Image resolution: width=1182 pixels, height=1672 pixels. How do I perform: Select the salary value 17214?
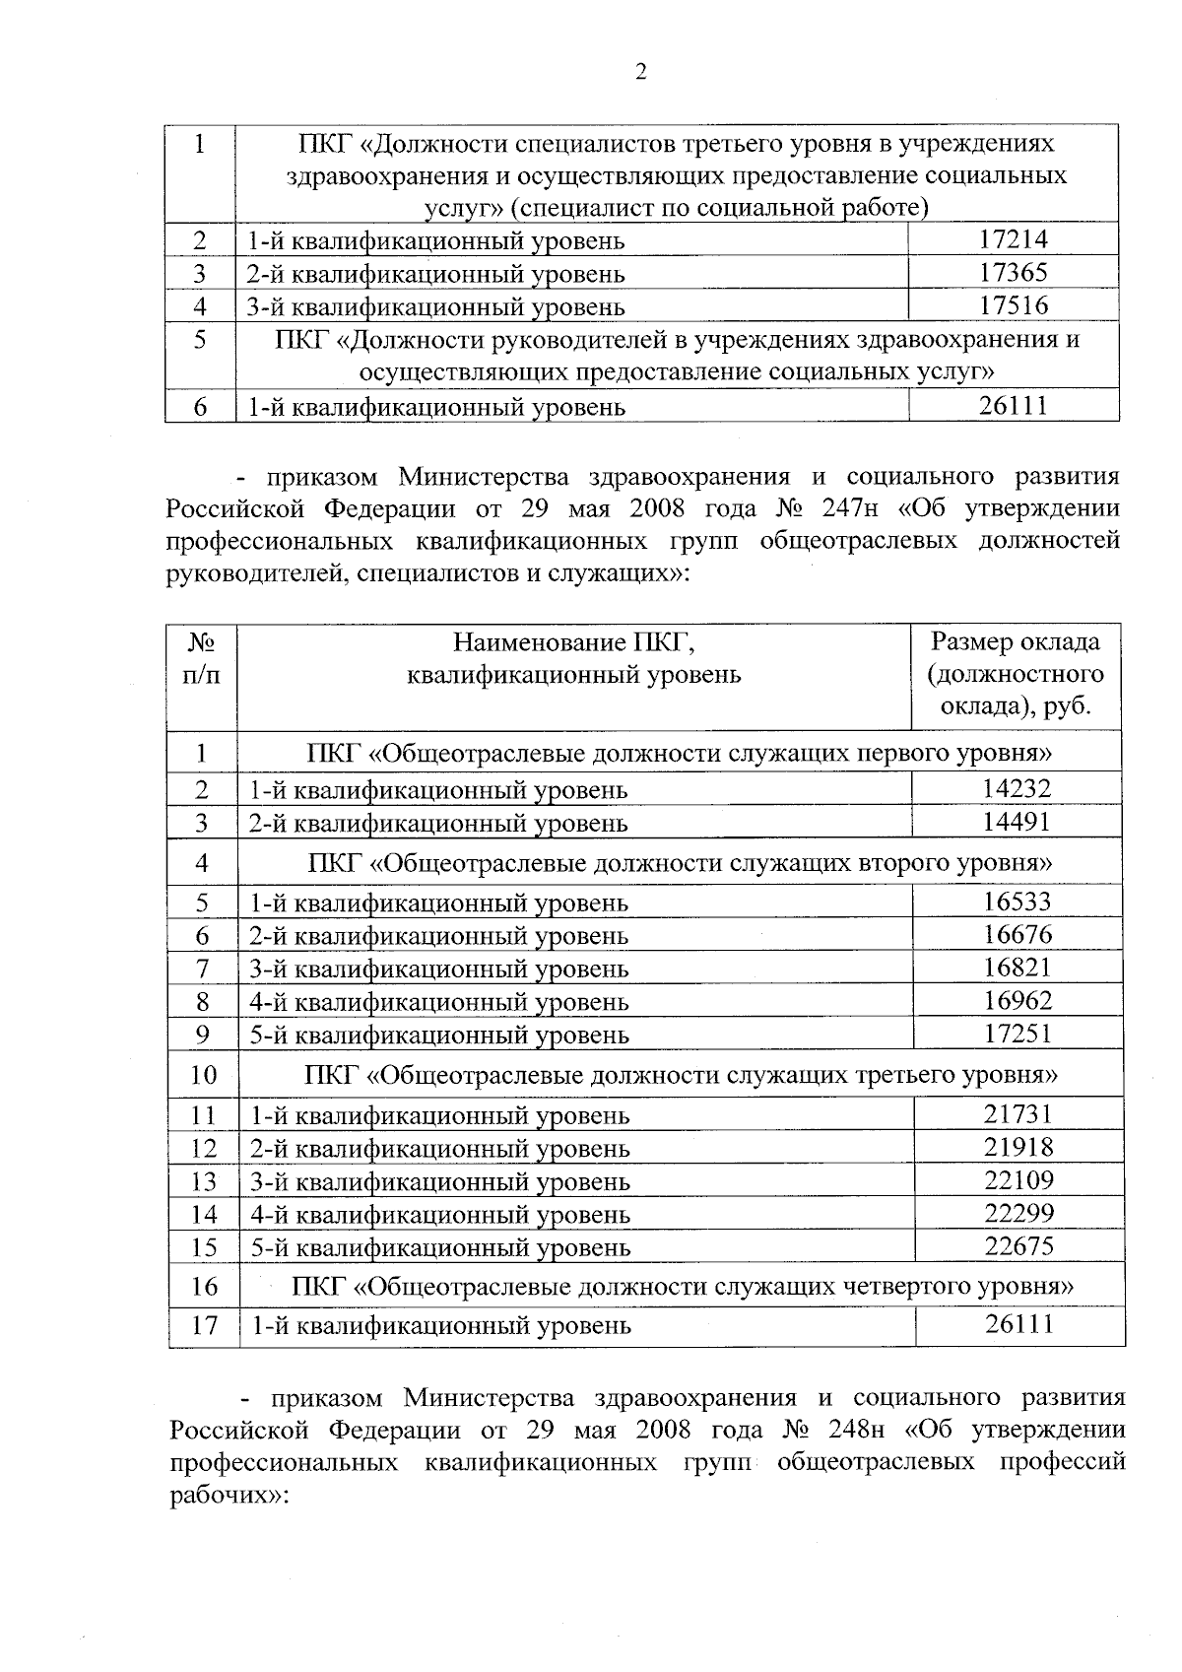[x=1014, y=239]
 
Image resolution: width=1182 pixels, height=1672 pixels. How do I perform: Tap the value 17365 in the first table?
[x=1014, y=273]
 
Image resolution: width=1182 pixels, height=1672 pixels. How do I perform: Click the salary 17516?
[x=1014, y=305]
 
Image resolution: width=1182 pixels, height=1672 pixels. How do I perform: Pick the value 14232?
[x=1017, y=788]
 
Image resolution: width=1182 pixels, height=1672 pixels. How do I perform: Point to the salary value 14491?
[x=1017, y=822]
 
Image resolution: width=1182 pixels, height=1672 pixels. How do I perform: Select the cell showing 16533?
[x=1018, y=902]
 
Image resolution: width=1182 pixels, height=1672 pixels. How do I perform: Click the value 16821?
[x=1018, y=968]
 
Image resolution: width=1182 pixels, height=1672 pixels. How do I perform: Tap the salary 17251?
[x=1018, y=1034]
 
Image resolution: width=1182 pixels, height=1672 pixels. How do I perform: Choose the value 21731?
[x=1018, y=1114]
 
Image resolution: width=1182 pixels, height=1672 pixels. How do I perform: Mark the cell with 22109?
[x=1018, y=1180]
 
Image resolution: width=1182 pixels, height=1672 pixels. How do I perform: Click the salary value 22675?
[x=1019, y=1246]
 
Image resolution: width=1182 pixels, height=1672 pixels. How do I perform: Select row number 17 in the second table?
[x=204, y=1325]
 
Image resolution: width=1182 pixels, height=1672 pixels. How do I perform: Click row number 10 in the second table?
[x=203, y=1074]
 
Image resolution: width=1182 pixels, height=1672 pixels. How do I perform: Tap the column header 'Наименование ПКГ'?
[x=573, y=643]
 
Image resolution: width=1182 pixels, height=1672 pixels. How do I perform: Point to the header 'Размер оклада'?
[x=1016, y=642]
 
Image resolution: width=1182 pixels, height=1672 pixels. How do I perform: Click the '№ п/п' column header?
[x=202, y=658]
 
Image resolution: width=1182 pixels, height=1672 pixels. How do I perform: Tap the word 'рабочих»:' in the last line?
[x=228, y=1495]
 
